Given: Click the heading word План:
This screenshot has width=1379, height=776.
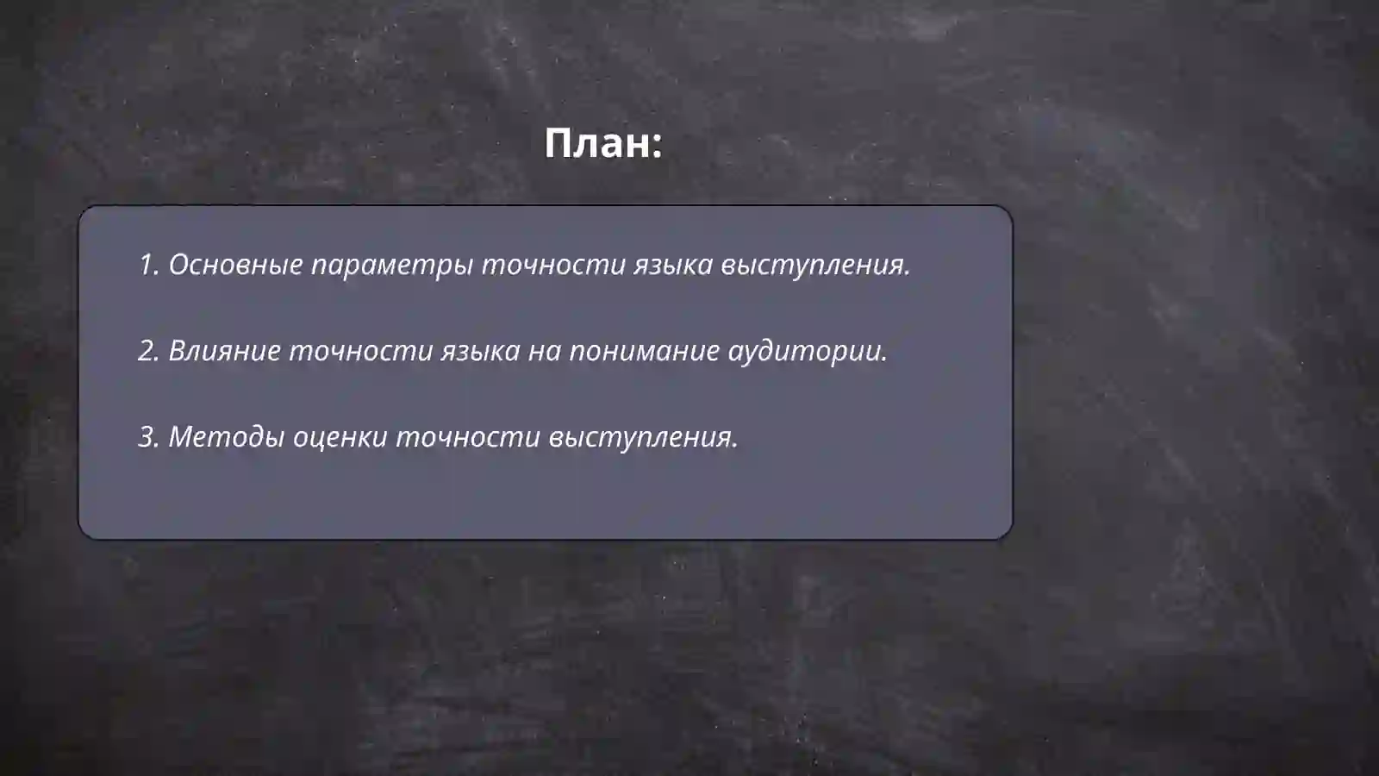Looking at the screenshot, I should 602,143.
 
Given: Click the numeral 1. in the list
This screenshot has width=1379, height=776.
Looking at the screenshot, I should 148,265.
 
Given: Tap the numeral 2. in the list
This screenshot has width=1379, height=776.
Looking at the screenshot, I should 148,351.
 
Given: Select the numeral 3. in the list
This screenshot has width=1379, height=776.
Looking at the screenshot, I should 148,437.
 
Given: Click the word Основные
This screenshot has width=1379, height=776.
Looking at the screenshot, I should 235,265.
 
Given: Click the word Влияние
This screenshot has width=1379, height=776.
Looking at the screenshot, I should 223,351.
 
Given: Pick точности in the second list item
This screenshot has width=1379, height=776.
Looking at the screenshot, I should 360,351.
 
